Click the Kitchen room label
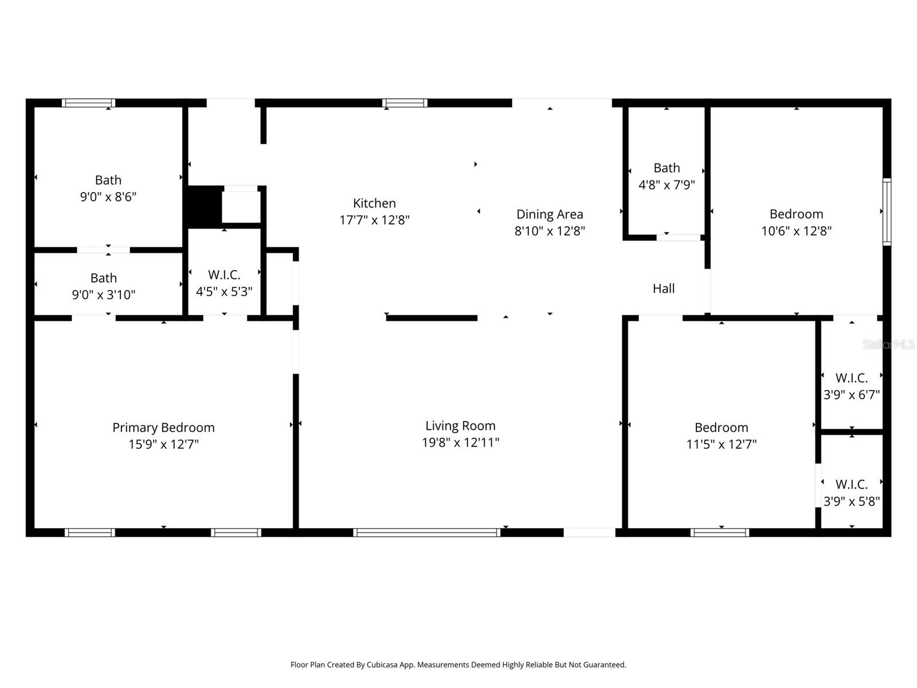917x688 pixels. tap(374, 203)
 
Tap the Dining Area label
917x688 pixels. tap(550, 214)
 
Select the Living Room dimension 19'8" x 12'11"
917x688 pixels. tap(460, 443)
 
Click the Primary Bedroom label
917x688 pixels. tap(163, 427)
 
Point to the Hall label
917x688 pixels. tap(664, 288)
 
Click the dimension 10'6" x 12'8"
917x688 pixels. tap(796, 231)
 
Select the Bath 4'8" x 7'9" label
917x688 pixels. tap(667, 168)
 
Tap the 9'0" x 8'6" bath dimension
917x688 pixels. tap(108, 197)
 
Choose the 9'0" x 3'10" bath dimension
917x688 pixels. tap(104, 295)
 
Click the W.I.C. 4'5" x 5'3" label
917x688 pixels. tap(224, 275)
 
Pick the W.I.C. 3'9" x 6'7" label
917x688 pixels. tap(851, 378)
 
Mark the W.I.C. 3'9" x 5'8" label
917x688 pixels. tap(851, 484)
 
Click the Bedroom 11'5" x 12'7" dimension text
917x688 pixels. tap(721, 444)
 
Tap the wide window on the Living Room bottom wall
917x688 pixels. tap(427, 533)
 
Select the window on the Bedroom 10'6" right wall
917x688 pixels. tap(887, 212)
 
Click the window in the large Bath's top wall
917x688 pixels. tap(88, 103)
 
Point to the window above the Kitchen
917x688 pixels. tap(405, 103)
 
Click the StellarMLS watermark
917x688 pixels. tap(888, 345)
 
